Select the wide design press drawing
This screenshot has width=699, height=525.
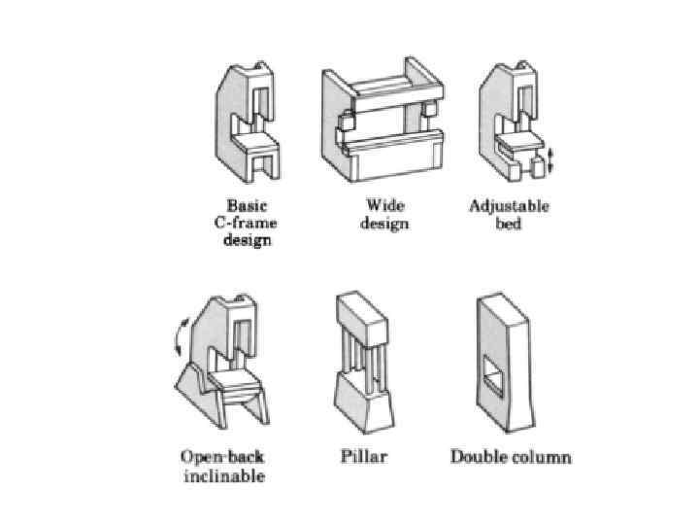tap(383, 121)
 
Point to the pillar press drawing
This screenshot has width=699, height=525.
tap(368, 365)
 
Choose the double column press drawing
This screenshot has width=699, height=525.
tap(504, 365)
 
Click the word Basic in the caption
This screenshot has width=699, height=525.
tap(247, 206)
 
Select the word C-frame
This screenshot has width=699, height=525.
tap(248, 223)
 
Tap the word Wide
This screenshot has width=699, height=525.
tap(384, 206)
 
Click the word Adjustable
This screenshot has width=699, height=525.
tap(509, 206)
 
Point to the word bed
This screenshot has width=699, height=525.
tap(509, 223)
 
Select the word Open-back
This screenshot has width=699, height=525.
tap(222, 457)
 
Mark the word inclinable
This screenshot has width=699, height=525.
tap(222, 475)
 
